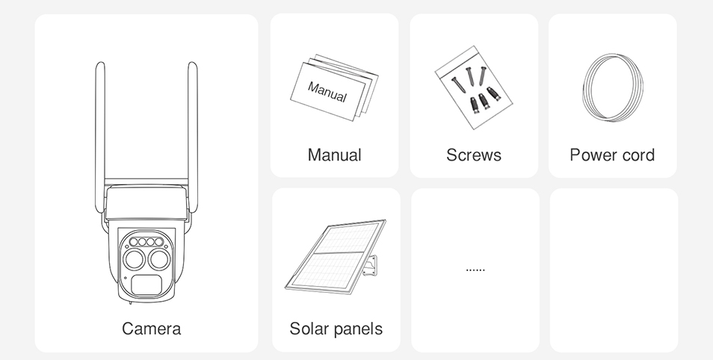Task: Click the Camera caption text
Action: (x=151, y=329)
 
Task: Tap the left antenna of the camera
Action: (x=99, y=137)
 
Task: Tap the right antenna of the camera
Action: (x=193, y=137)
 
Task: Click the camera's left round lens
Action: (x=134, y=260)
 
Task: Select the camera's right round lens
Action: (x=159, y=260)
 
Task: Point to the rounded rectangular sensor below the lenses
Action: (x=146, y=285)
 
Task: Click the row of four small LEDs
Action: (x=146, y=242)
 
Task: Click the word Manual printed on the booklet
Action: (x=327, y=92)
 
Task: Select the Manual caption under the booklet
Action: (x=334, y=155)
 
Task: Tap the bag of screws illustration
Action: (x=474, y=87)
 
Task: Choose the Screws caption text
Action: (x=474, y=155)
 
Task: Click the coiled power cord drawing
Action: (x=584, y=87)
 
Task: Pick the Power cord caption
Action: (x=612, y=155)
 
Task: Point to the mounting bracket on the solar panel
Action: (x=370, y=266)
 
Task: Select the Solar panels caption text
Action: (x=336, y=329)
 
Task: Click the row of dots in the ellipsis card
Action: (x=475, y=270)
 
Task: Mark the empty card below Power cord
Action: (x=614, y=270)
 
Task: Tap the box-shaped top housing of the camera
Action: (x=146, y=202)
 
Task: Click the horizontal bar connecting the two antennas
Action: (x=146, y=181)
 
